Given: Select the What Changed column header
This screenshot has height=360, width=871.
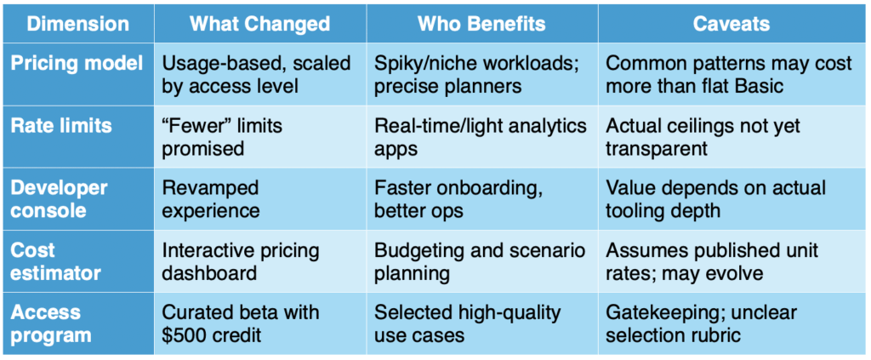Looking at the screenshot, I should (259, 23).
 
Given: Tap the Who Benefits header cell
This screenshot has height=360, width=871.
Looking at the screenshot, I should (482, 23).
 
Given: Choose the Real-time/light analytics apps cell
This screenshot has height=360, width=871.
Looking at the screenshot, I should (481, 136).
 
